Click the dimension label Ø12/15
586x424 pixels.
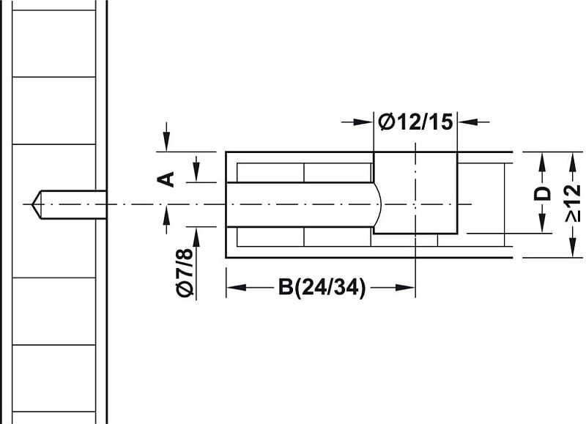[x=415, y=122]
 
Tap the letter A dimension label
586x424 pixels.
[x=166, y=179]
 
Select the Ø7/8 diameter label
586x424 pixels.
[x=185, y=272]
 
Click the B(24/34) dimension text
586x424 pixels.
[x=322, y=288]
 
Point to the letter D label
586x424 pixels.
[x=542, y=193]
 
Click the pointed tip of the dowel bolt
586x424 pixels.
[x=32, y=204]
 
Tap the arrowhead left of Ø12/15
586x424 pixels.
[x=363, y=122]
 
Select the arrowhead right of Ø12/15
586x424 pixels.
[x=468, y=122]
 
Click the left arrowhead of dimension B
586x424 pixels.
[x=236, y=288]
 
